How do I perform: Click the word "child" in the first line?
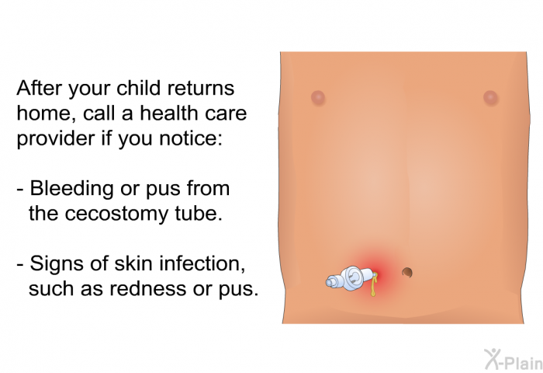[139, 88]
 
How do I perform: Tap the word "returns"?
[201, 89]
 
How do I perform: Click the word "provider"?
[56, 138]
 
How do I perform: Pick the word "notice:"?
[191, 138]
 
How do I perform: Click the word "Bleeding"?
[71, 189]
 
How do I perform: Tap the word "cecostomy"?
[116, 214]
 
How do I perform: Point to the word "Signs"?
[57, 264]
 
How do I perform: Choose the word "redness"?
[148, 288]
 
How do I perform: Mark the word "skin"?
[133, 263]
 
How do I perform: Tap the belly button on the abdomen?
[407, 273]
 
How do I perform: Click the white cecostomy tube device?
[351, 278]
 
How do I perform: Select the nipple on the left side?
[318, 97]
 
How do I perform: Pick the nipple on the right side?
[490, 97]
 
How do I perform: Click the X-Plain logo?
[513, 359]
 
